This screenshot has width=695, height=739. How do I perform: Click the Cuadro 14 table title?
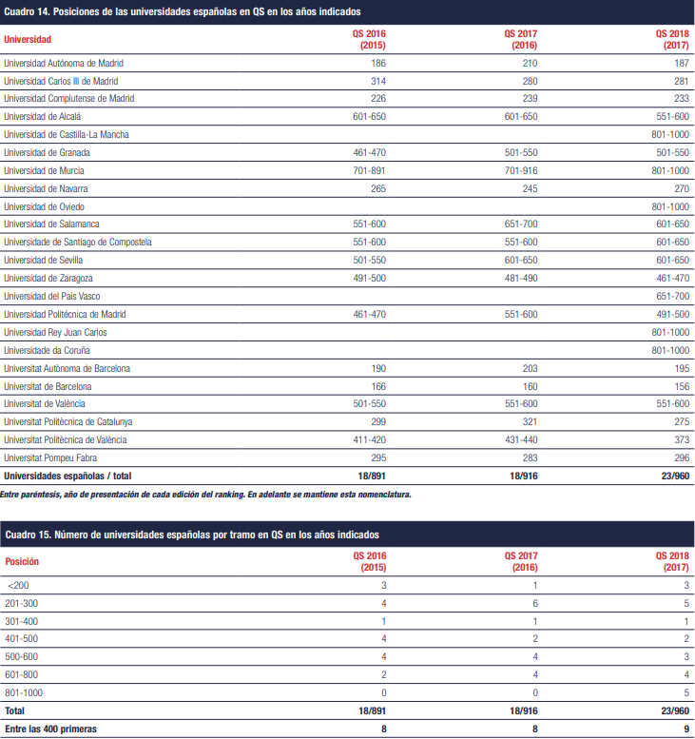pyautogui.click(x=183, y=11)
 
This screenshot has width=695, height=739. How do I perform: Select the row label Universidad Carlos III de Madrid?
pyautogui.click(x=61, y=81)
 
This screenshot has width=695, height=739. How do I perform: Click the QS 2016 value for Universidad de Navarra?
pyautogui.click(x=377, y=188)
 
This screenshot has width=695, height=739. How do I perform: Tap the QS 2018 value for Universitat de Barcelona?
pyautogui.click(x=682, y=386)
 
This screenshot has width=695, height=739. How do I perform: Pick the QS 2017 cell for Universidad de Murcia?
pyautogui.click(x=521, y=170)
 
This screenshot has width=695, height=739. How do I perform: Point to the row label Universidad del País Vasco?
pyautogui.click(x=52, y=296)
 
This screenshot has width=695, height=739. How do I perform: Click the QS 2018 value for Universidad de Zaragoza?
pyautogui.click(x=672, y=278)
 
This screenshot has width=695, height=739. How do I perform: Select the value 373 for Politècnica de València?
pyautogui.click(x=682, y=439)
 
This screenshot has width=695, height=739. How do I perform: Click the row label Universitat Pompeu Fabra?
pyautogui.click(x=50, y=457)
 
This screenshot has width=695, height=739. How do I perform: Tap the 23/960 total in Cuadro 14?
pyautogui.click(x=675, y=476)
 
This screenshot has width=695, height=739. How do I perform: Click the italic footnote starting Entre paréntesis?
pyautogui.click(x=206, y=495)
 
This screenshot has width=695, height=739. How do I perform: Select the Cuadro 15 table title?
pyautogui.click(x=192, y=535)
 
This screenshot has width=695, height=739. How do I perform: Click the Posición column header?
pyautogui.click(x=22, y=561)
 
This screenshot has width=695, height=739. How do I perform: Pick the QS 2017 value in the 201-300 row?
pyautogui.click(x=534, y=603)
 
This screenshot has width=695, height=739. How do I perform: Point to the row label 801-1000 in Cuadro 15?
pyautogui.click(x=24, y=692)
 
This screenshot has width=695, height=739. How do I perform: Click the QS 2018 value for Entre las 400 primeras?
pyautogui.click(x=686, y=729)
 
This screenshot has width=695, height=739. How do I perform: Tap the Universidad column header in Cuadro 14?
pyautogui.click(x=28, y=39)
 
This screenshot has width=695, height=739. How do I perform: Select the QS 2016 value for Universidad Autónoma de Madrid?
pyautogui.click(x=377, y=63)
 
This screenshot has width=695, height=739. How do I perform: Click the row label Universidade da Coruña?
pyautogui.click(x=47, y=350)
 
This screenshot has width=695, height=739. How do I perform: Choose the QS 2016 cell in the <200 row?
pyautogui.click(x=383, y=585)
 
